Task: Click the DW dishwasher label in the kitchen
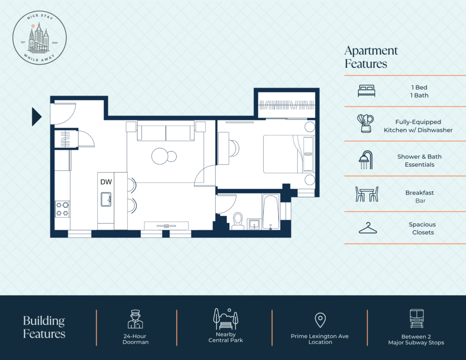(x=106, y=182)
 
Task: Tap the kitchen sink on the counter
(x=106, y=199)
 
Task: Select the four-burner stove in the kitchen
(x=62, y=209)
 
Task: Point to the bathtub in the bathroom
(x=271, y=212)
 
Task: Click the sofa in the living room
(x=166, y=130)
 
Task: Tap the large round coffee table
(x=160, y=156)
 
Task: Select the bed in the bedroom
(x=289, y=154)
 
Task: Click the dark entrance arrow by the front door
(x=36, y=117)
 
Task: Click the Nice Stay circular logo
(x=40, y=38)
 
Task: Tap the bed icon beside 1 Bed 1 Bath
(x=366, y=91)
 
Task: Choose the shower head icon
(x=366, y=160)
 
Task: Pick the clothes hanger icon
(x=368, y=228)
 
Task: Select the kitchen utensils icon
(x=365, y=123)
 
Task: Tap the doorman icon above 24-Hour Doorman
(x=135, y=319)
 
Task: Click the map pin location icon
(x=320, y=320)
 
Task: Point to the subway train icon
(x=416, y=319)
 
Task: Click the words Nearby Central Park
(x=226, y=337)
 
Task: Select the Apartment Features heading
(x=371, y=57)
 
